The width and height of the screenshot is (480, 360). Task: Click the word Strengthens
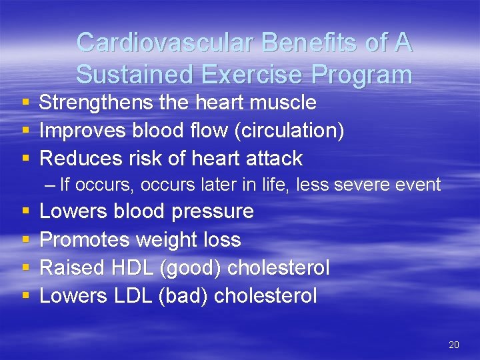[101, 103]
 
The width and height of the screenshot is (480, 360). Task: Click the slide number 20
[454, 345]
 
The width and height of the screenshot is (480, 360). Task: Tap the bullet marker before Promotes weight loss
[25, 240]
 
